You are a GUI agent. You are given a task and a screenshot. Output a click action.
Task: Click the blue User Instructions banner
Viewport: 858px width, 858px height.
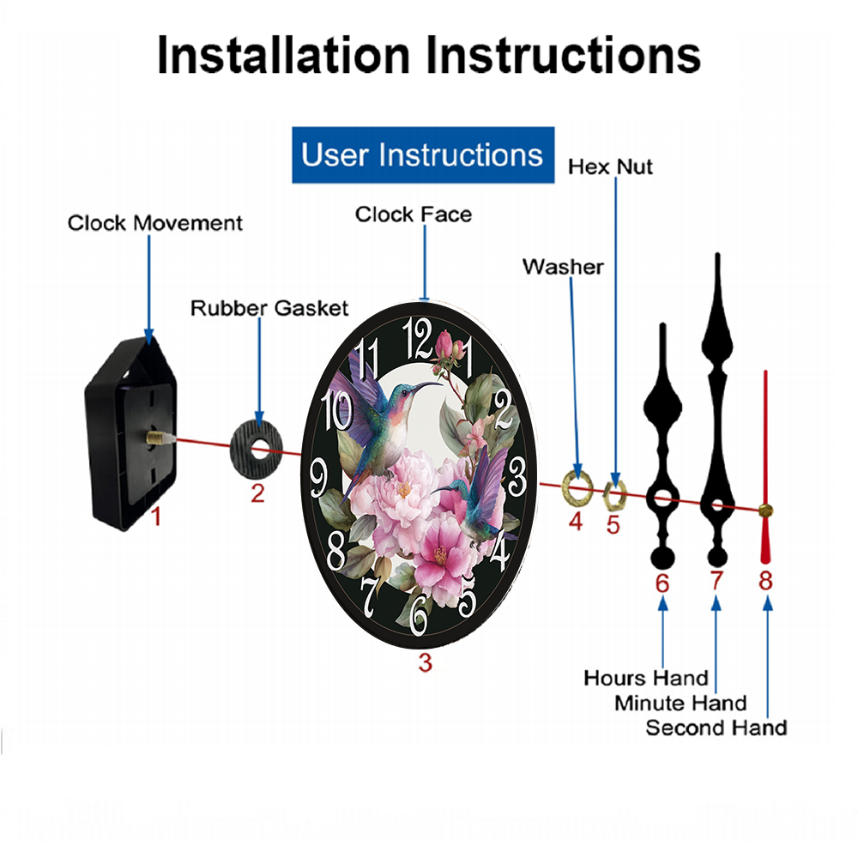423,154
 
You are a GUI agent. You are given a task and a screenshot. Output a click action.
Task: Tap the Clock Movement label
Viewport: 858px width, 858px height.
154,223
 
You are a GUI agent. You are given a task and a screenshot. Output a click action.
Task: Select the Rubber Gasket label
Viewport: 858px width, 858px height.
269,308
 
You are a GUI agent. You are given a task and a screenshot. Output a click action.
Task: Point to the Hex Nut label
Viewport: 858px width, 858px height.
610,167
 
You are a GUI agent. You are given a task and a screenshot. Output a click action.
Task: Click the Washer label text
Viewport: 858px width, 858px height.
563,267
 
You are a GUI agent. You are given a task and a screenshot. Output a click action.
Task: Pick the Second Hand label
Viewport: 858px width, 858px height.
716,728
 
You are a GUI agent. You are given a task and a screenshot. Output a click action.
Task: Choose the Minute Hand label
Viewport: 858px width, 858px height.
680,703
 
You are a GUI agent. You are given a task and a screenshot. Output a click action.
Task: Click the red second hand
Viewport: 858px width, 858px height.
765,468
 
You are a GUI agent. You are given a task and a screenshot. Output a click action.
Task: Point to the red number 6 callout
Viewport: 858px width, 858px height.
662,583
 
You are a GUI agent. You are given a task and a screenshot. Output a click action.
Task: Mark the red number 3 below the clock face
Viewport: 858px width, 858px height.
426,662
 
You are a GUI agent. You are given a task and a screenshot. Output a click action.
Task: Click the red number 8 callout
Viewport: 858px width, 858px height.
765,581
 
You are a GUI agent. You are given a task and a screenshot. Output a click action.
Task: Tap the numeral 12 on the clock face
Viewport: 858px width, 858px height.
418,339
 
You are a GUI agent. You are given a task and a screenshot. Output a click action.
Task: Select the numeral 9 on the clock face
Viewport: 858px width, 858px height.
319,478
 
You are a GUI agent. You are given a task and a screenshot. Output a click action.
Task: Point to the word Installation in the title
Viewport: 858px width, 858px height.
283,55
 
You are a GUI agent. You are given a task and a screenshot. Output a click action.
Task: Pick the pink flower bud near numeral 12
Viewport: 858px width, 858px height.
444,343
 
